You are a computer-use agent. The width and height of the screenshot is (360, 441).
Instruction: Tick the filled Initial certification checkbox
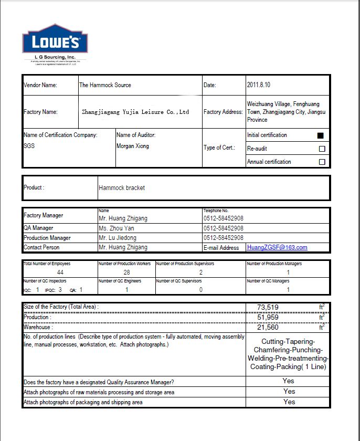click(x=321, y=135)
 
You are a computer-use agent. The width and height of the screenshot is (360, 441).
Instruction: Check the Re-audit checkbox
click(x=322, y=149)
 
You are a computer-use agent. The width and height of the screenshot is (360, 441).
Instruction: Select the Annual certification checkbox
click(x=322, y=162)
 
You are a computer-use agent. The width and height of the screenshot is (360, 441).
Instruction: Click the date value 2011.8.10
click(x=259, y=85)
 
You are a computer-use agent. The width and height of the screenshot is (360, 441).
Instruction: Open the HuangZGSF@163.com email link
click(x=277, y=247)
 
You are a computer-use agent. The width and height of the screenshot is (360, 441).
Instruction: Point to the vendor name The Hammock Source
click(x=105, y=85)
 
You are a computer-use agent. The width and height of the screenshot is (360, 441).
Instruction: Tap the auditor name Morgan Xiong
click(x=133, y=146)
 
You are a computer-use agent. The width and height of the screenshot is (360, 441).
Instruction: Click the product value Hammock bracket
click(x=122, y=187)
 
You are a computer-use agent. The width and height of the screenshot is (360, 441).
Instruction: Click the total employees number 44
click(x=60, y=272)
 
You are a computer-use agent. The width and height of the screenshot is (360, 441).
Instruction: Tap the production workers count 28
click(x=126, y=272)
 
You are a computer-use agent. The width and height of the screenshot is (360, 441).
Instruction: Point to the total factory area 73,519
click(x=268, y=307)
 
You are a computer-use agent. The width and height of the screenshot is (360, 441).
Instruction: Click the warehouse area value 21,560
click(x=268, y=327)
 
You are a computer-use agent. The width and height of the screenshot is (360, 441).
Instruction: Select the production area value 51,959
click(x=268, y=317)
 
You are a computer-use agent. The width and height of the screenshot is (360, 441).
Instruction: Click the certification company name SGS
click(x=29, y=146)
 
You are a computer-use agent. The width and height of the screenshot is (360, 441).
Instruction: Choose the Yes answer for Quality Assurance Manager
click(x=289, y=381)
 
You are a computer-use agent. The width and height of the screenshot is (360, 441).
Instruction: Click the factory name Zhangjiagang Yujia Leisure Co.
click(x=135, y=112)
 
